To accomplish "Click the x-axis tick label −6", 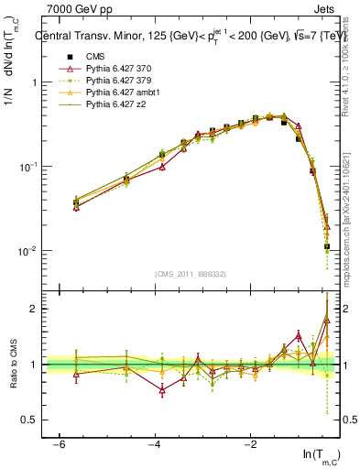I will pyautogui.click(x=59, y=443).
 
